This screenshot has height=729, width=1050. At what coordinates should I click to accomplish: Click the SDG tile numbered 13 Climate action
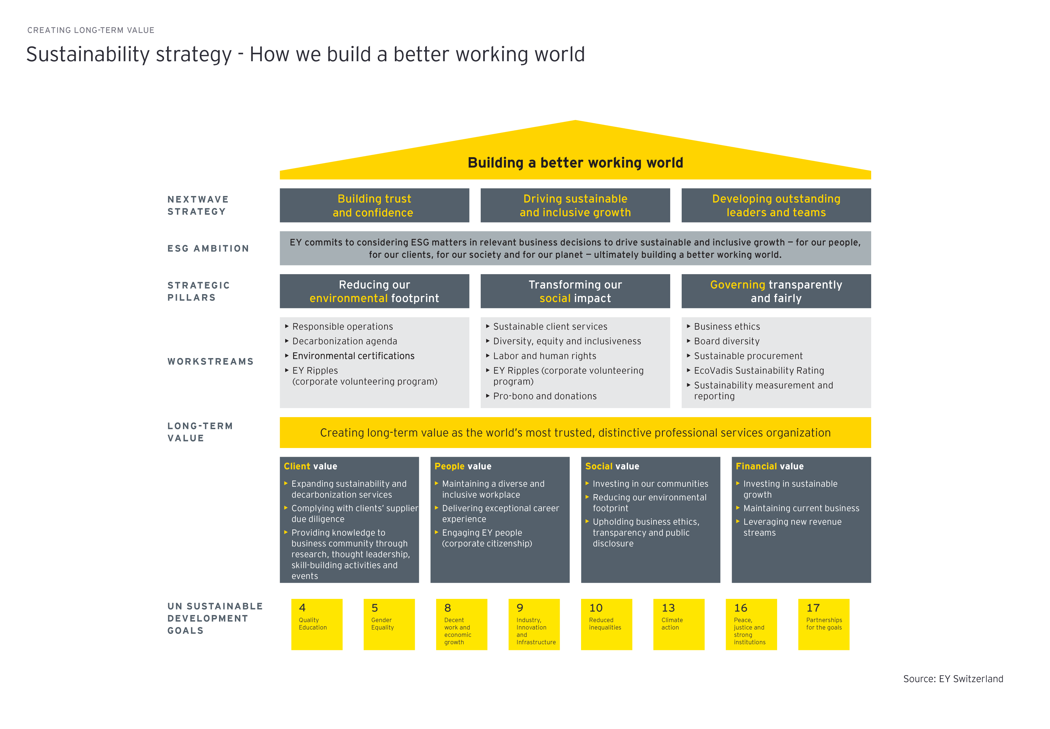(x=678, y=624)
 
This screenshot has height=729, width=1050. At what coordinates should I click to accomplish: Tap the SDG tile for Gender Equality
(x=389, y=624)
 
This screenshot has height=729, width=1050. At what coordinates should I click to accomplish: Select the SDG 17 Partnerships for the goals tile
(x=823, y=624)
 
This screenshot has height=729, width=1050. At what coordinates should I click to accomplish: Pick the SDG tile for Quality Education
(x=317, y=624)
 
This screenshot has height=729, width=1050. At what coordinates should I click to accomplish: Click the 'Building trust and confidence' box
(x=374, y=206)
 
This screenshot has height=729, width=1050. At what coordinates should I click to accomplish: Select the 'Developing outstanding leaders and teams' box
(x=776, y=206)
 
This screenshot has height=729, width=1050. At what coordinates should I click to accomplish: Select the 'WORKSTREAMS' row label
(x=210, y=361)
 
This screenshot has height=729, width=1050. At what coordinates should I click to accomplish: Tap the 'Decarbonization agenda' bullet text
(x=345, y=341)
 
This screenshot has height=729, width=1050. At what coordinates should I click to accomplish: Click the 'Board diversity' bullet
(x=727, y=341)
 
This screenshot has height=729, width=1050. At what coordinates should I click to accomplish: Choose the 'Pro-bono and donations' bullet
(x=545, y=396)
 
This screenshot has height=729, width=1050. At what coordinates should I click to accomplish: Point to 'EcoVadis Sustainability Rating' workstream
(x=759, y=370)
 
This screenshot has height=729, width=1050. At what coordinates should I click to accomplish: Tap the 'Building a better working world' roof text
(x=575, y=163)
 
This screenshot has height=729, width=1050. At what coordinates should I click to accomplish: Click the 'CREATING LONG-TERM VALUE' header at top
(x=91, y=30)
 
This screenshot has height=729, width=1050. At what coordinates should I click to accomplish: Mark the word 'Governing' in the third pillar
(x=737, y=285)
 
